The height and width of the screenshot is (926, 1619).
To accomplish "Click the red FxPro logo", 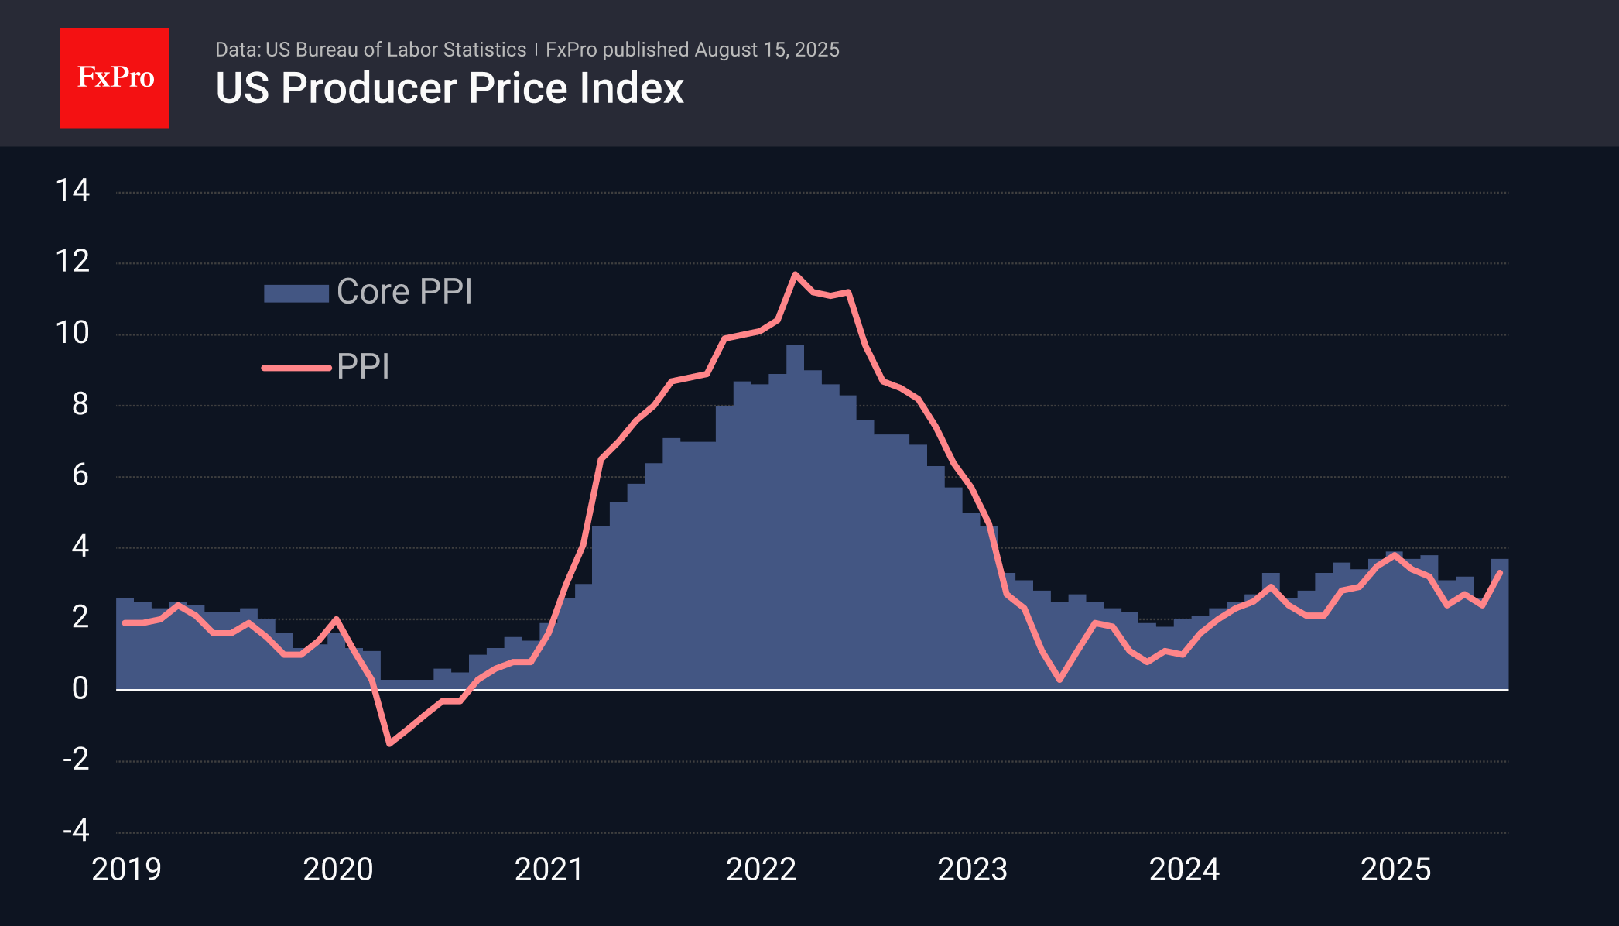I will [115, 77].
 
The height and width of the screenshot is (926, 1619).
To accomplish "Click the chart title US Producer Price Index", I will [449, 88].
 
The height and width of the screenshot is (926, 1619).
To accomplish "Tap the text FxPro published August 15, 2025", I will [692, 50].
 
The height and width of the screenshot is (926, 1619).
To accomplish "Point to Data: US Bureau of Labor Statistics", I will [370, 50].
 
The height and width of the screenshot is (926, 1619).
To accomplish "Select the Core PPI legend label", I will [404, 292].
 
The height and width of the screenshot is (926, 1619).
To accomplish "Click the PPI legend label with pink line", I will [363, 366].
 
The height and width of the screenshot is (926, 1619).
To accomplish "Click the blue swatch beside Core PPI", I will [296, 293].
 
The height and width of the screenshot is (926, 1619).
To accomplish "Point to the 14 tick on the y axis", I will [73, 190].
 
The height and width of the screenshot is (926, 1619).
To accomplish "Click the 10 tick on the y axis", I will [73, 333].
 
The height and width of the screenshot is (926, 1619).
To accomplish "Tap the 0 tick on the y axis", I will [80, 688].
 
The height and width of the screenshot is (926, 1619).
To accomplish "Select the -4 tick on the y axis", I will [76, 831].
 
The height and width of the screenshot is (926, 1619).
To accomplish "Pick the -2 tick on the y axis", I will [76, 760].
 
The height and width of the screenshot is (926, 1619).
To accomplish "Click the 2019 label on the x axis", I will [126, 869].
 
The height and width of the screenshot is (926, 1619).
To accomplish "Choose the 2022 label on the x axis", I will [761, 869].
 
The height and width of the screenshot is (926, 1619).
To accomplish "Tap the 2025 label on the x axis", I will [1395, 869].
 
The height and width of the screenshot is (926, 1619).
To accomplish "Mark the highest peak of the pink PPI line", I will [795, 274].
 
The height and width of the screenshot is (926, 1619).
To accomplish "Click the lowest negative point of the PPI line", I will [389, 743].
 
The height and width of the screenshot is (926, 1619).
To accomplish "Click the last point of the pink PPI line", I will [1501, 572].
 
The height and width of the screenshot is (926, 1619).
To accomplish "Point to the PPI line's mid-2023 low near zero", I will [1059, 680].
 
